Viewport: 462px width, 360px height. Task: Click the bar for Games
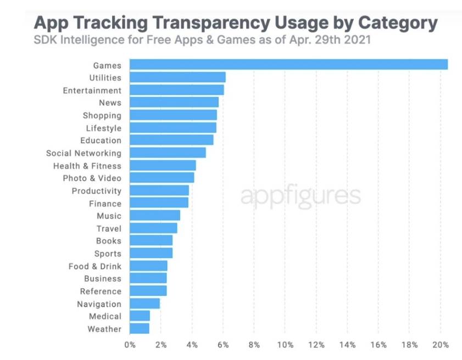pos(288,65)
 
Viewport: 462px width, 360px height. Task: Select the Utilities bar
pos(177,77)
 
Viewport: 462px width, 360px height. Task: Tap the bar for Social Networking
pos(168,153)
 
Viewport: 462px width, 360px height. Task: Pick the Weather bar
pos(140,329)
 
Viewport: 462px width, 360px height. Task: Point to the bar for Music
pos(155,216)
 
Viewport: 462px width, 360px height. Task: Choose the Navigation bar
pos(144,303)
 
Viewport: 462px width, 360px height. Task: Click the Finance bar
pos(159,203)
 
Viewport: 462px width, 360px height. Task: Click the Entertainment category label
pos(92,91)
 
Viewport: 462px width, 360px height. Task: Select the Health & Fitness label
pos(87,166)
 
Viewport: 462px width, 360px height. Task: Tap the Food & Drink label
pos(94,266)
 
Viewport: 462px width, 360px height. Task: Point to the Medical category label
pos(105,317)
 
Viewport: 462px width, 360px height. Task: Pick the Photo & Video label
pos(92,178)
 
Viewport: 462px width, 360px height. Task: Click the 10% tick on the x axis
pos(285,345)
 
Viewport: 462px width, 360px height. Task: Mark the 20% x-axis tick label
pos(441,345)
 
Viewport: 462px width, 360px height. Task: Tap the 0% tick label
pos(130,345)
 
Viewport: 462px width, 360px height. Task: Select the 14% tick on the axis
pos(347,345)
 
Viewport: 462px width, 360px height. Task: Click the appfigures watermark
pos(300,196)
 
